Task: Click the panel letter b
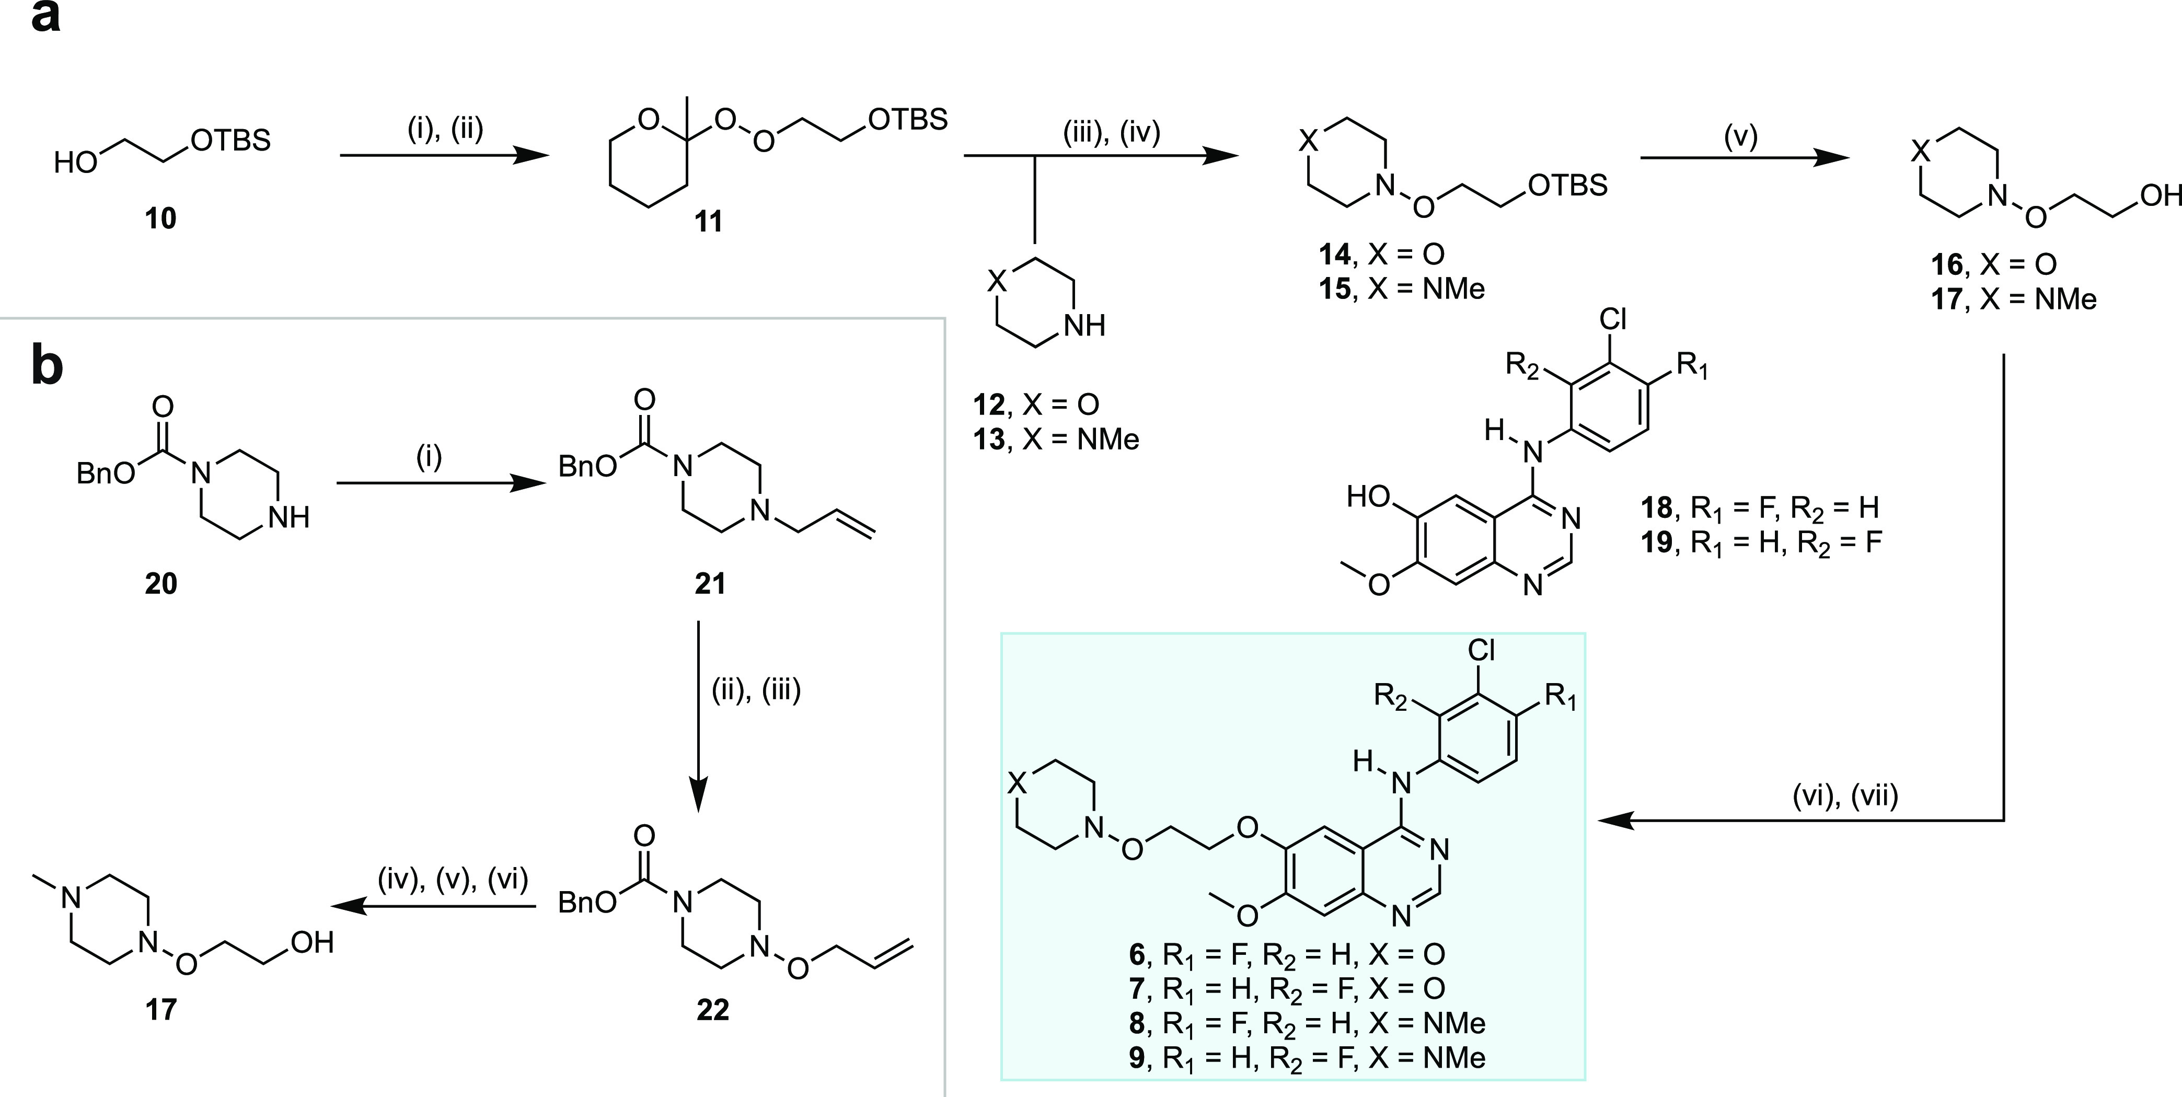click(48, 366)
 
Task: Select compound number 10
click(160, 218)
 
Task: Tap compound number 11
click(708, 222)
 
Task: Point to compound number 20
click(161, 584)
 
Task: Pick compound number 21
click(710, 584)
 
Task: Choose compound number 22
click(712, 1010)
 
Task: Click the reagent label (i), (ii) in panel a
click(445, 130)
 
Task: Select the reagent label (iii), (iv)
click(1111, 133)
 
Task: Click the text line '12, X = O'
click(1036, 405)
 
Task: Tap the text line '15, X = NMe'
click(1401, 290)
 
